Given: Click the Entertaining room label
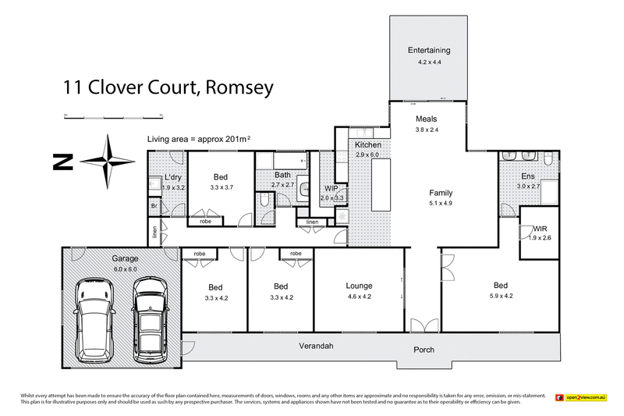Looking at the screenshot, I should pyautogui.click(x=428, y=51).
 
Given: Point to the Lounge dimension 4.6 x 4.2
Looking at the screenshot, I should pyautogui.click(x=360, y=297).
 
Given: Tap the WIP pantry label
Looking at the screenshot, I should pyautogui.click(x=331, y=189).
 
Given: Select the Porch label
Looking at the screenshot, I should pyautogui.click(x=424, y=350).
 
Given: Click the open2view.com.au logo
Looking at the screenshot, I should pyautogui.click(x=581, y=398).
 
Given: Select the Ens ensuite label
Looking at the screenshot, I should pyautogui.click(x=528, y=177).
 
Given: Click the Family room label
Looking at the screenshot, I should pyautogui.click(x=441, y=193).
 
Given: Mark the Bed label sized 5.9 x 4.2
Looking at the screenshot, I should pyautogui.click(x=501, y=286).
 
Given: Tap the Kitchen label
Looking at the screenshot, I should pyautogui.click(x=367, y=146).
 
